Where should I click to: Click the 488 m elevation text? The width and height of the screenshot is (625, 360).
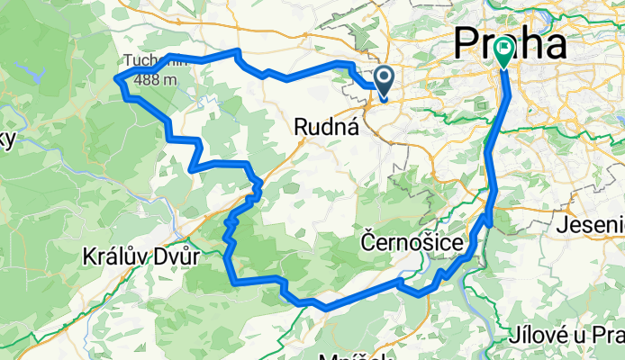click(156, 80)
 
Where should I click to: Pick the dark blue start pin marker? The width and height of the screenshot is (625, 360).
click(384, 82)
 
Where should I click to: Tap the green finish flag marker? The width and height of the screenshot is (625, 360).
click(502, 53)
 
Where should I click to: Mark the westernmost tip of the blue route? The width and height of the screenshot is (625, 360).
click(116, 80)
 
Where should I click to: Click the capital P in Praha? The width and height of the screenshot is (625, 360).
click(470, 42)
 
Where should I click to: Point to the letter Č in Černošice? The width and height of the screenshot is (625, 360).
click(368, 243)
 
